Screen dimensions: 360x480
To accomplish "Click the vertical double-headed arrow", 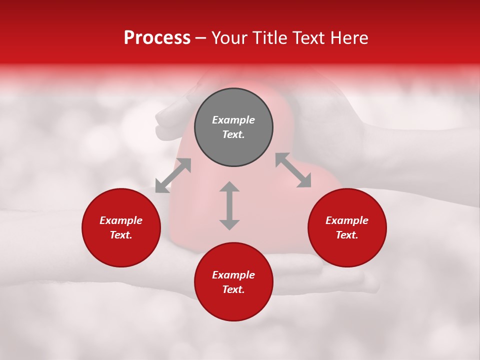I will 229,205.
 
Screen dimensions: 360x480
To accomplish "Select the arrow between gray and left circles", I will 173,175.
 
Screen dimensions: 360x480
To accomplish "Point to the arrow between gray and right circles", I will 293,170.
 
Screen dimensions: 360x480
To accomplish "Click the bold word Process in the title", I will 157,37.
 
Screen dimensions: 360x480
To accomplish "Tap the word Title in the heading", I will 269,37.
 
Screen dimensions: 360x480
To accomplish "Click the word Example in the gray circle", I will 233,120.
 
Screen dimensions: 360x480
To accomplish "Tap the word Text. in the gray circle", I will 233,134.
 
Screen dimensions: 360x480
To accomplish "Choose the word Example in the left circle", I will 121,220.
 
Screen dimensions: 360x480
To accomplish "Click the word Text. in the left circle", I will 121,235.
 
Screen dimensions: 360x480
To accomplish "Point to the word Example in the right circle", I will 347,220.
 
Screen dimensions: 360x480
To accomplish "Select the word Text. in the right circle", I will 347,235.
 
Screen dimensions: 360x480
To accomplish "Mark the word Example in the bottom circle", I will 233,275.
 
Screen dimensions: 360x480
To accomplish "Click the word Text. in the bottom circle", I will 233,289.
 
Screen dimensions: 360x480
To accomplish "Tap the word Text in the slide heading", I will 307,37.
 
